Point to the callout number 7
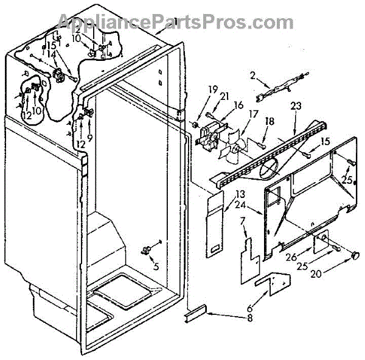(242, 221)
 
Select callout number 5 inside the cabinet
(155, 266)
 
